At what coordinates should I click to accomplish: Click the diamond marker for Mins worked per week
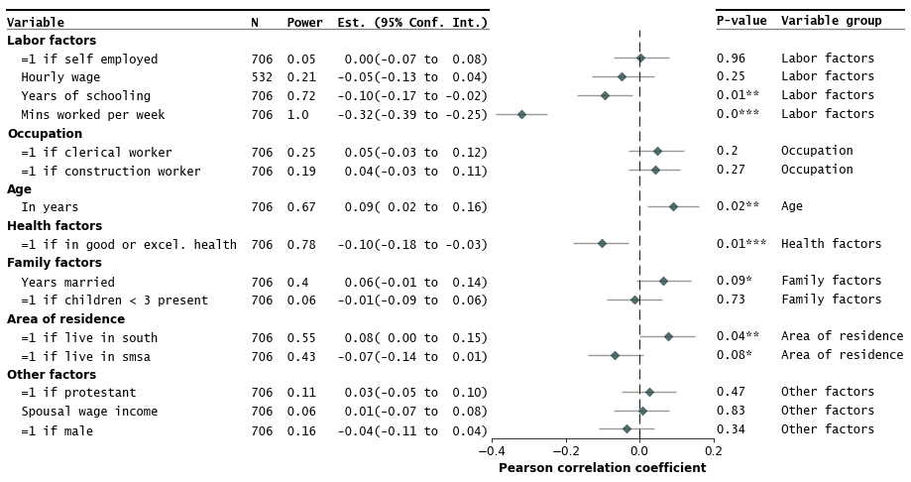[x=521, y=115]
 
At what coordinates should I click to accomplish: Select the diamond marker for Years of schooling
[x=605, y=96]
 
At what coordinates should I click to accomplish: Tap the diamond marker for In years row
[x=673, y=206]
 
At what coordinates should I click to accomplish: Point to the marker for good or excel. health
[x=602, y=243]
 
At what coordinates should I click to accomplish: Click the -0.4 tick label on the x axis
[x=491, y=450]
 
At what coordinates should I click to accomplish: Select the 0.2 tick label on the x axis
[x=713, y=450]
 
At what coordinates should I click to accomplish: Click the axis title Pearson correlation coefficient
[x=602, y=468]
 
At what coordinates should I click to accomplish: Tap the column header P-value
[x=741, y=21]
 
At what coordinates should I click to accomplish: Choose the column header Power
[x=304, y=23]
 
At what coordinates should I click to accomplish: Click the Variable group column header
[x=831, y=21]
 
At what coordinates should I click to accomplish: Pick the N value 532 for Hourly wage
[x=262, y=77]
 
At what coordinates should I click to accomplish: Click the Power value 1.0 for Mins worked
[x=297, y=115]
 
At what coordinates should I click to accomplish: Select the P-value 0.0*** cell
[x=738, y=114]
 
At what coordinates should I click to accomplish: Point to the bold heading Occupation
[x=45, y=134]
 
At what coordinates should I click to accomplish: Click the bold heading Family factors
[x=55, y=263]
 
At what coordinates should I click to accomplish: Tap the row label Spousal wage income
[x=89, y=412]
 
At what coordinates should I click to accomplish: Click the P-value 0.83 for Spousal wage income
[x=731, y=411]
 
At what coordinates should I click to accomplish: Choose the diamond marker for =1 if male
[x=626, y=429]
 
